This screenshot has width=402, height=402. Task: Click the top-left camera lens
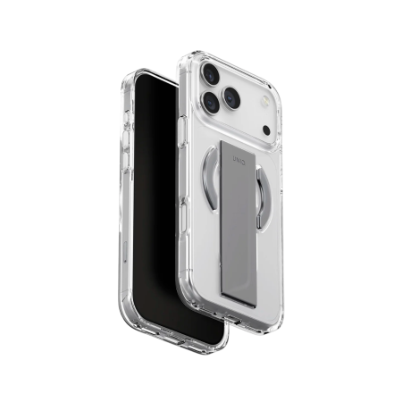tap(211, 73)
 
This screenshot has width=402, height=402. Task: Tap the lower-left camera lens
tap(211, 102)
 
